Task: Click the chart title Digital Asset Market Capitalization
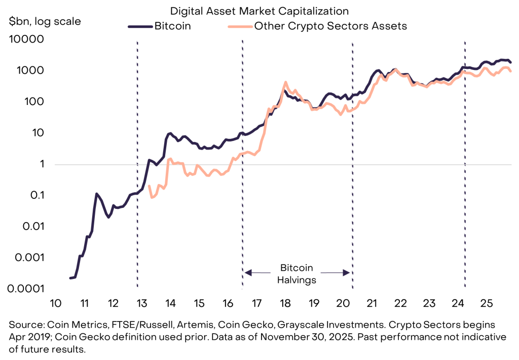click(259, 10)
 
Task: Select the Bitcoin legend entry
click(172, 26)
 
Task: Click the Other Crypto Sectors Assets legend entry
click(330, 26)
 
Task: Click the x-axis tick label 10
click(56, 303)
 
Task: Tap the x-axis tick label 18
click(285, 303)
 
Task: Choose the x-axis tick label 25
click(486, 303)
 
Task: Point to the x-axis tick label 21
click(372, 303)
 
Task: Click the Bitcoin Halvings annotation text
click(297, 273)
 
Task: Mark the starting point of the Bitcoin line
click(70, 278)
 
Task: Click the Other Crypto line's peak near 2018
click(285, 82)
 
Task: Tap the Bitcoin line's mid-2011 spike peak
click(97, 194)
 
